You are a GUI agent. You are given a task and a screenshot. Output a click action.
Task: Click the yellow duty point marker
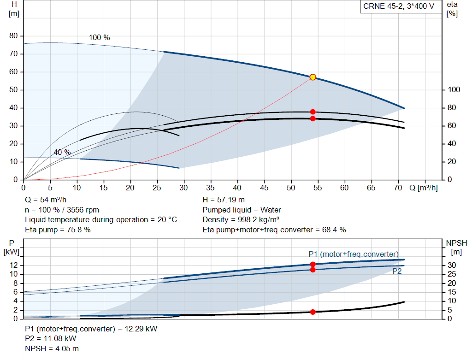pos(313,77)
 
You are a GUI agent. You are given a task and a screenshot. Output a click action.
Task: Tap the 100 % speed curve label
pos(100,38)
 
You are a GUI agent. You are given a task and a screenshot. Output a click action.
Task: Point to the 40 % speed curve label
pos(62,152)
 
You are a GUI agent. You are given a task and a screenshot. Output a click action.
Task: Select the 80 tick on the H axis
pos(13,36)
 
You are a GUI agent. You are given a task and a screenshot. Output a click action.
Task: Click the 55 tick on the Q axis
pos(318,188)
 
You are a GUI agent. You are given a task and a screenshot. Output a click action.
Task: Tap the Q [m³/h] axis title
pos(423,188)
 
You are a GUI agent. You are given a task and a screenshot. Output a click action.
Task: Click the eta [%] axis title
pos(452,9)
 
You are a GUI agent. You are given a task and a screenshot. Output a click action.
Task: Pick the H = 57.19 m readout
pos(224,200)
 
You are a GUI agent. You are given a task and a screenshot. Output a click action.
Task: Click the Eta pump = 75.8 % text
pos(58,230)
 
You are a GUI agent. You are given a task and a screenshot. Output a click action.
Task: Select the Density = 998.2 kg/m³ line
pos(241,220)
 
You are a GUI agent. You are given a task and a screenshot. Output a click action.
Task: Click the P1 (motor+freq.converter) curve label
pos(354,254)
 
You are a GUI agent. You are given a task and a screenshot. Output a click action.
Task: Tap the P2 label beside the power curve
pos(397,271)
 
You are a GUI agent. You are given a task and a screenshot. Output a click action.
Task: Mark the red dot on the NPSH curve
pos(313,312)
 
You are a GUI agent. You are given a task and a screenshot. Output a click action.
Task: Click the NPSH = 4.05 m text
pos(52,348)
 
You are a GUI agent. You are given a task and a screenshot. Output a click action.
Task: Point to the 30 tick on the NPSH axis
pos(452,265)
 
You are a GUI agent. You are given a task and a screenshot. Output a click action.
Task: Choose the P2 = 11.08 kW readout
pos(51,339)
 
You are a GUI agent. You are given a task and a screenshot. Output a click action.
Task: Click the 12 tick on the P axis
pos(14,265)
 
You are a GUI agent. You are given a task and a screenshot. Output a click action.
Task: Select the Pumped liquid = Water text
pos(242,210)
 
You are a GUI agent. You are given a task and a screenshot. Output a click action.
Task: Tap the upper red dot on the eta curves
pos(313,112)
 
